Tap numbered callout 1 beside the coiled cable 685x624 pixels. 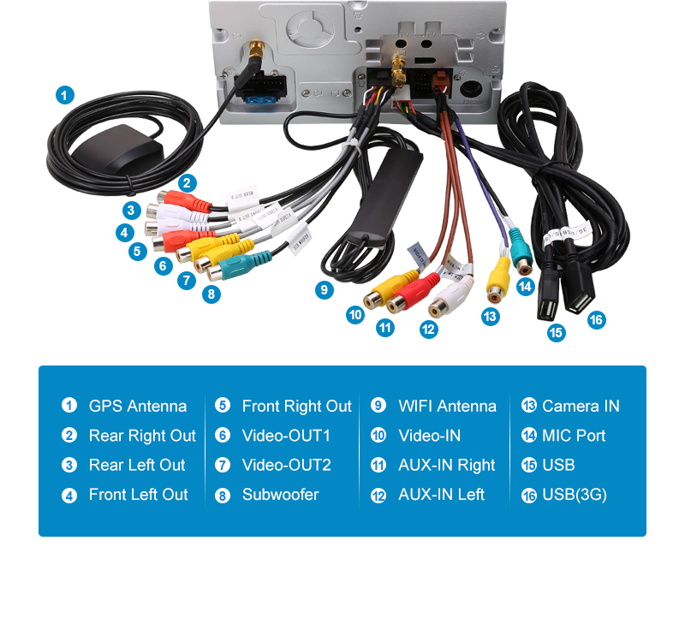click(65, 95)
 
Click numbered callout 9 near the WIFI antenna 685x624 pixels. click(324, 290)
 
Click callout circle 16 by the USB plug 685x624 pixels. click(596, 320)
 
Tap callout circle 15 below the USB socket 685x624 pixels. click(557, 333)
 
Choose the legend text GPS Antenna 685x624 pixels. click(137, 406)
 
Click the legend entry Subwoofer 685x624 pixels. click(280, 495)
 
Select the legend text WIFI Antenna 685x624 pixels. click(447, 406)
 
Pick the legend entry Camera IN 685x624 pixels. click(581, 406)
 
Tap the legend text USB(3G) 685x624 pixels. click(574, 495)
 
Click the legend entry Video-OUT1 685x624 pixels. click(286, 436)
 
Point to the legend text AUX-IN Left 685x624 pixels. click(441, 495)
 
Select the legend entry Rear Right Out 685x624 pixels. click(142, 436)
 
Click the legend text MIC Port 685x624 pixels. click(574, 436)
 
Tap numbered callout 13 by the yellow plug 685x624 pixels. click(490, 317)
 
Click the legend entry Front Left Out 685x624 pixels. click(138, 495)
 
